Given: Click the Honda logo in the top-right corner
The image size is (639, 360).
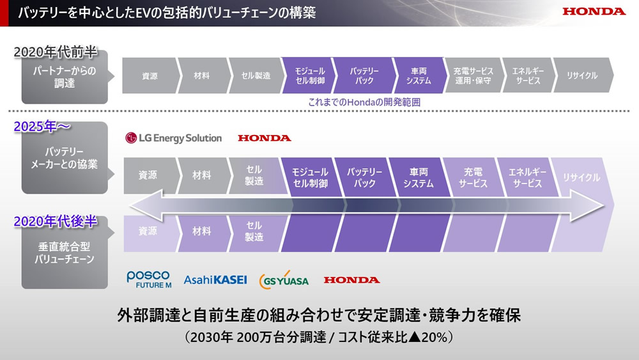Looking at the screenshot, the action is (x=594, y=12).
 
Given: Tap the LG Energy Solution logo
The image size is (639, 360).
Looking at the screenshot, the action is (x=174, y=138).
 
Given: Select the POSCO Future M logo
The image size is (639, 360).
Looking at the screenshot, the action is (x=149, y=279).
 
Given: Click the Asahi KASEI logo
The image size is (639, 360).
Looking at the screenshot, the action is (x=215, y=279).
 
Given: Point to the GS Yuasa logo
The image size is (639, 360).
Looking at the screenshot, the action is (x=284, y=279).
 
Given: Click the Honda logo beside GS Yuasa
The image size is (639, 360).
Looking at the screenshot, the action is (x=351, y=280).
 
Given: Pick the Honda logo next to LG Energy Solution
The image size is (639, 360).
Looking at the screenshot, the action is (x=265, y=138).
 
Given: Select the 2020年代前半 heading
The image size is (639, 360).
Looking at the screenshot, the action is (x=56, y=52).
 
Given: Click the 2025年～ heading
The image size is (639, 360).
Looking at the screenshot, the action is (x=42, y=127).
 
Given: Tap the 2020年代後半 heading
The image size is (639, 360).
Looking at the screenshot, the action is (x=56, y=221).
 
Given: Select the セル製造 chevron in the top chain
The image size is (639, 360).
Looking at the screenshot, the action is (x=256, y=75).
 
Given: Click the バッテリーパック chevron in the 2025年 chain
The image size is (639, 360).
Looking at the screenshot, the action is (x=364, y=177).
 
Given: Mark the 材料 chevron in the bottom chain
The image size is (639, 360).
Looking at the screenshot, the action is (x=203, y=231).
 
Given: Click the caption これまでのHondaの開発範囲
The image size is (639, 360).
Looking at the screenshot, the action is (x=364, y=102).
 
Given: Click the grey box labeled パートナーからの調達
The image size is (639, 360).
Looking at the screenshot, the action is (x=65, y=77).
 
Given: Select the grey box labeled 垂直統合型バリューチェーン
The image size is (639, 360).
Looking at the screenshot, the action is (x=65, y=253).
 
